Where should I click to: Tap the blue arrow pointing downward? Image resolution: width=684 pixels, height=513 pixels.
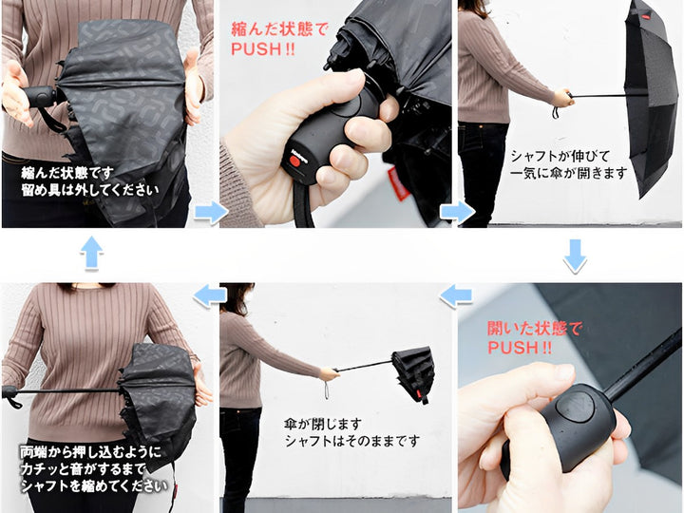[575, 256]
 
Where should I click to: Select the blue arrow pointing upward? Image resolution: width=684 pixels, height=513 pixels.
[91, 253]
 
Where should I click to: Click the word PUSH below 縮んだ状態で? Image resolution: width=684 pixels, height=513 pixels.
[256, 48]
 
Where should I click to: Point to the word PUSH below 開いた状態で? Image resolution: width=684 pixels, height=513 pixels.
[513, 348]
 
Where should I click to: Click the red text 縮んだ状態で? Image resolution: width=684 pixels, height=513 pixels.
[279, 29]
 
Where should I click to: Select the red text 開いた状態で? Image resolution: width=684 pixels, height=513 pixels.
[535, 328]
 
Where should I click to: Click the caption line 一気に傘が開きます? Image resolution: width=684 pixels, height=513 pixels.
[569, 174]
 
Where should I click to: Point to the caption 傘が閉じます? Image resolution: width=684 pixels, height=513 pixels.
[323, 424]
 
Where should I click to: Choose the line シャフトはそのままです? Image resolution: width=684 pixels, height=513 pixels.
[352, 441]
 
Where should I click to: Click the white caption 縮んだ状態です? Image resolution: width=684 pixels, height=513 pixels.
[67, 173]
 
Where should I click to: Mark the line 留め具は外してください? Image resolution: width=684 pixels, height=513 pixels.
[90, 190]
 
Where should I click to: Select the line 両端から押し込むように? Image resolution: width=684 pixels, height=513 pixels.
[90, 452]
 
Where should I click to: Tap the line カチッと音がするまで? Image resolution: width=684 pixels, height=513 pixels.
[83, 469]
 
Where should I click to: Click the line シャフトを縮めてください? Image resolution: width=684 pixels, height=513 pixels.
[94, 486]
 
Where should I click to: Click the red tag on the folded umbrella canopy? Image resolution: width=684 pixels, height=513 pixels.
[398, 183]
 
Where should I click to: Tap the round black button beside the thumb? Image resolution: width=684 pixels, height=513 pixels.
[574, 407]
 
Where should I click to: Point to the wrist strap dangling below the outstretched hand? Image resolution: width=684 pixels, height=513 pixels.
[326, 389]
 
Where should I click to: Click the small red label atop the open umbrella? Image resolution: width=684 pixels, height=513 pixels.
[646, 17]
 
